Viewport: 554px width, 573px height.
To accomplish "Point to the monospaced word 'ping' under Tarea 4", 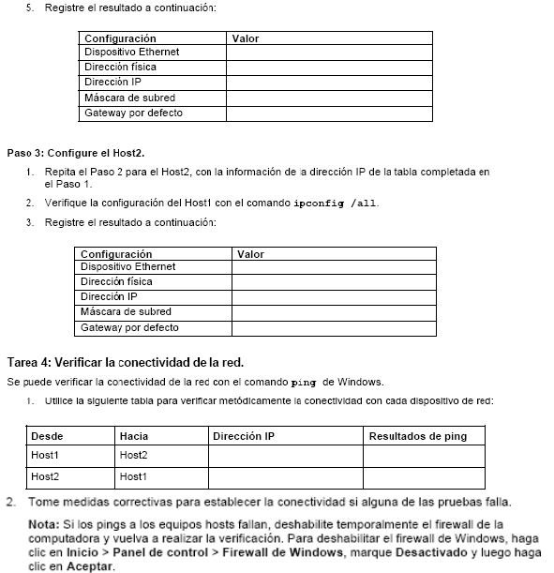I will tap(305, 382).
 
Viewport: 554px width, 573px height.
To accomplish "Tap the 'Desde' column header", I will tap(47, 436).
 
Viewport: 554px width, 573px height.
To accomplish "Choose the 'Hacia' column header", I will tap(134, 436).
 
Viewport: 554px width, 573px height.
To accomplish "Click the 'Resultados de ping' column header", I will tap(417, 436).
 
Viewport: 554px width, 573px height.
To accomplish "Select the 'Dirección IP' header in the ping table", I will tap(244, 436).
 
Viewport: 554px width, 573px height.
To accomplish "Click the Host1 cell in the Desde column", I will tap(46, 455).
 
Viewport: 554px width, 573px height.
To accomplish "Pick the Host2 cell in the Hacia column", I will tap(135, 455).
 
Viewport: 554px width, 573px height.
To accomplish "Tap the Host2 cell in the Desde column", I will tap(46, 477).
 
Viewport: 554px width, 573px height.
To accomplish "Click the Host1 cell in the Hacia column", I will tap(135, 477).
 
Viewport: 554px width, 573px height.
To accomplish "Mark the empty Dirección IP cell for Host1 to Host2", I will tap(285, 455).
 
